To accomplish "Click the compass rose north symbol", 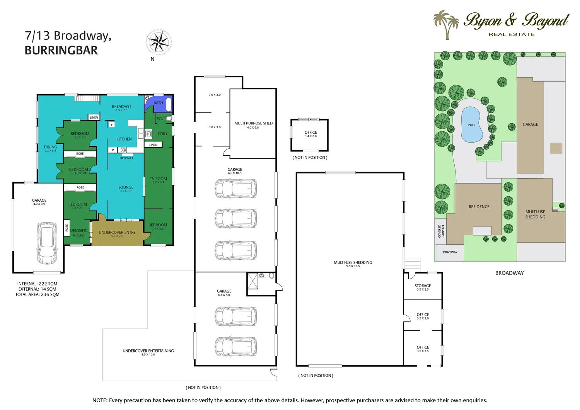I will tap(159, 42).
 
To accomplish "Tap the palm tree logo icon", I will tap(445, 24).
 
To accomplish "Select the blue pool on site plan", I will tap(472, 124).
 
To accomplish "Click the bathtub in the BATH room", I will tap(169, 104).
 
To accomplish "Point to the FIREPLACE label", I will tap(126, 158).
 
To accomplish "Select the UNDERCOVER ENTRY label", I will tap(117, 233).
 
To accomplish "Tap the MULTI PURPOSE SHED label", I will tap(253, 123).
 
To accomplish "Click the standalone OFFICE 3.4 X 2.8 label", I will tap(310, 133).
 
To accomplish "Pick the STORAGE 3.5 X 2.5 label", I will tap(423, 286).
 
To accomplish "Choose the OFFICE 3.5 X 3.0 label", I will tap(423, 315).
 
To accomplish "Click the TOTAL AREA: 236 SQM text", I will tap(38, 294).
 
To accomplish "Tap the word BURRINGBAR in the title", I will tap(61, 50).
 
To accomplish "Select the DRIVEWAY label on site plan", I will tap(450, 252).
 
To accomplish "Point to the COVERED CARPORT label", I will tap(441, 231).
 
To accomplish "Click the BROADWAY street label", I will tap(509, 273).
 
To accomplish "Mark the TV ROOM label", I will tap(159, 179).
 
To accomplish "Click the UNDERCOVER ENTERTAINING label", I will tap(148, 351).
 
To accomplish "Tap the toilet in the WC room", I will tap(169, 118).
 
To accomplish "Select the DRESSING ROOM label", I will tap(79, 233).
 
